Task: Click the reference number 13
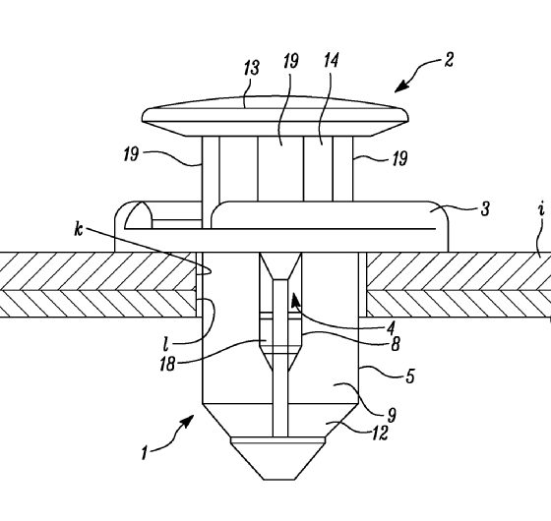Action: click(x=252, y=68)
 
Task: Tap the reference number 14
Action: click(x=331, y=60)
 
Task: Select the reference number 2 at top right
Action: click(x=449, y=60)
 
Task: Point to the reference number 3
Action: click(x=485, y=208)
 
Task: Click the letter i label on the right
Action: click(x=541, y=209)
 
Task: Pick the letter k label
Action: click(x=79, y=229)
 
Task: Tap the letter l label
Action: click(x=165, y=344)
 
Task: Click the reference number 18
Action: click(x=167, y=364)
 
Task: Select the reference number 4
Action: click(x=391, y=328)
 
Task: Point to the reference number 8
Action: click(x=396, y=344)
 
